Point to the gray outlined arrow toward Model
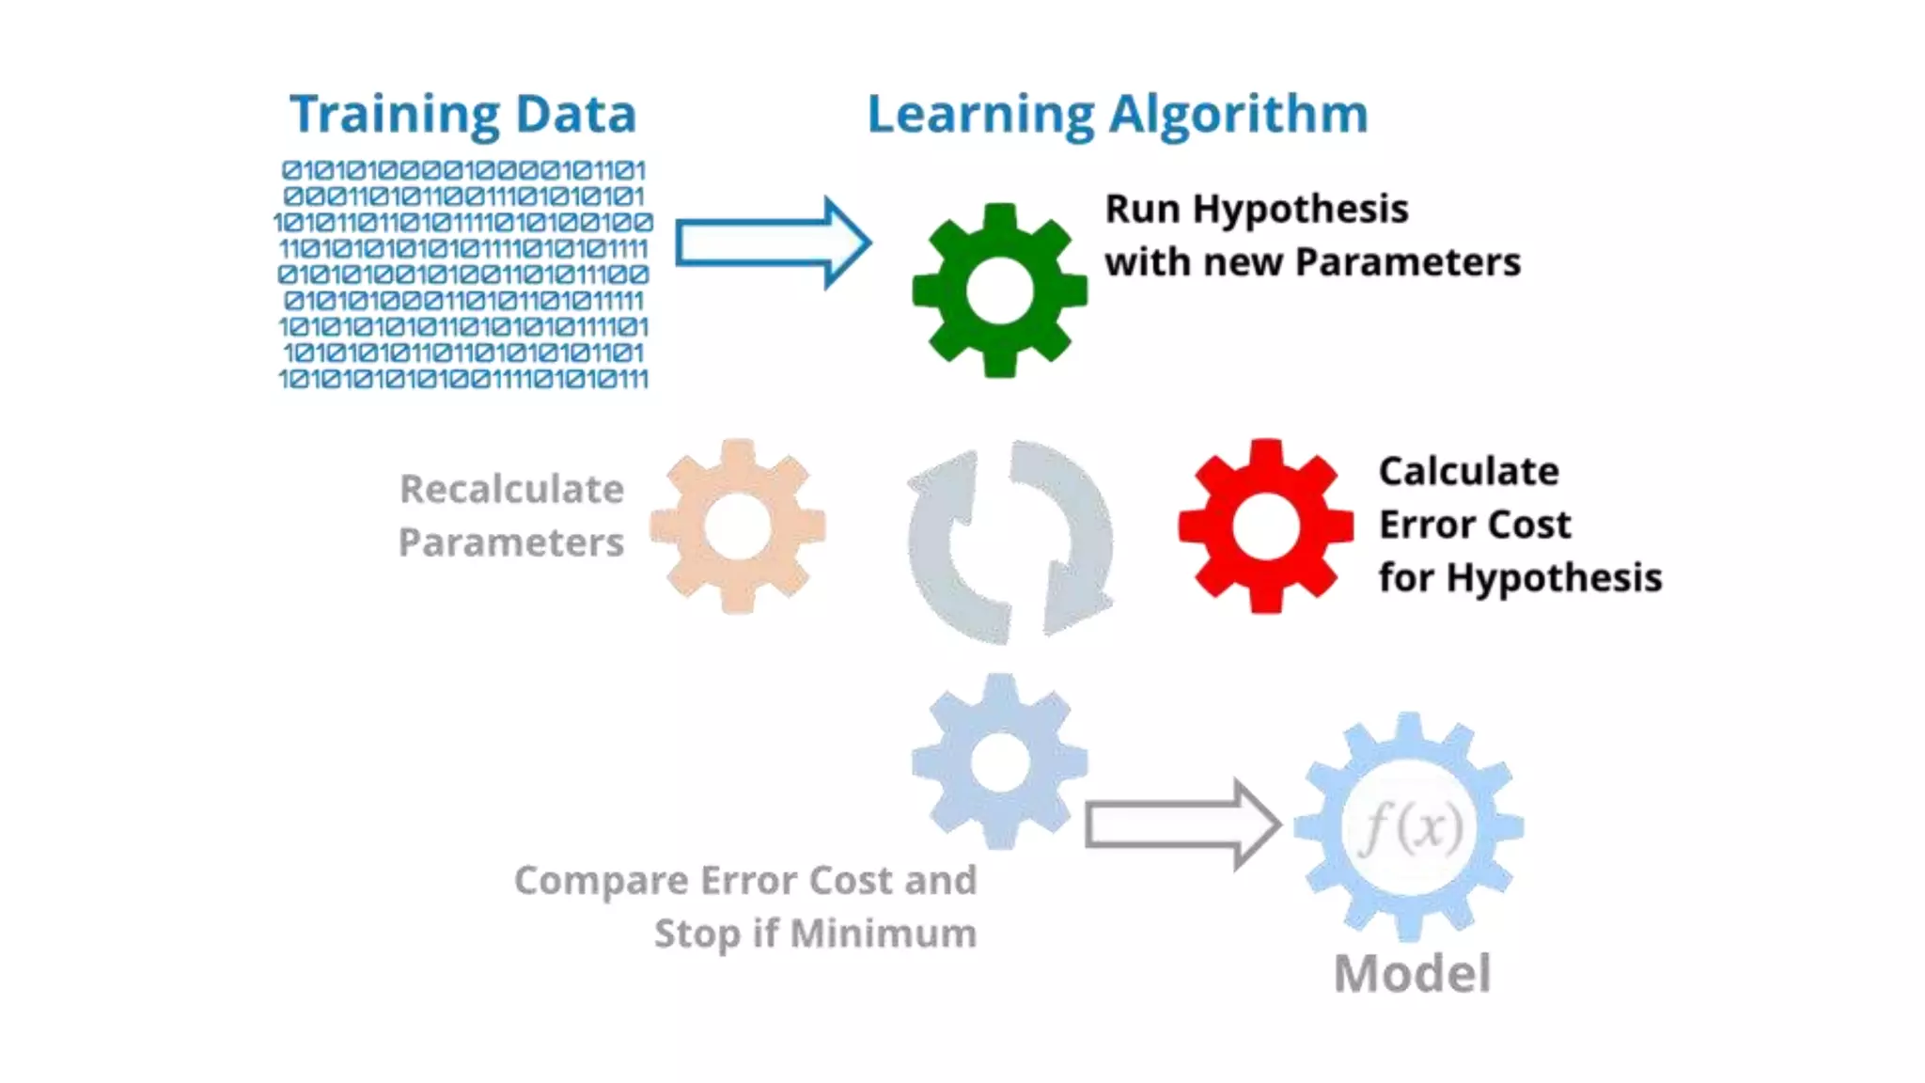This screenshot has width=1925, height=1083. (1182, 825)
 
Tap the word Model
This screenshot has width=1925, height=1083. (1412, 973)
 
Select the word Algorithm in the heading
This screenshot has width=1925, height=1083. (1238, 115)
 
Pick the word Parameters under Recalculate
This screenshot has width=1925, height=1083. (510, 542)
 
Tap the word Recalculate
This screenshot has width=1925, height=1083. (511, 489)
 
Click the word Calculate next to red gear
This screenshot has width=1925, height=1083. (1468, 471)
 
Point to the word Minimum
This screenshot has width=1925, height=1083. (883, 934)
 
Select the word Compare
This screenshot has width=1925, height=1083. (601, 881)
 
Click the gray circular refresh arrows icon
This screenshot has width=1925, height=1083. (1010, 542)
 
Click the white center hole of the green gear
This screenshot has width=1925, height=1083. (999, 291)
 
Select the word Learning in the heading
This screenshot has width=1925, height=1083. (979, 115)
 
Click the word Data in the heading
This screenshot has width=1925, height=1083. (575, 115)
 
